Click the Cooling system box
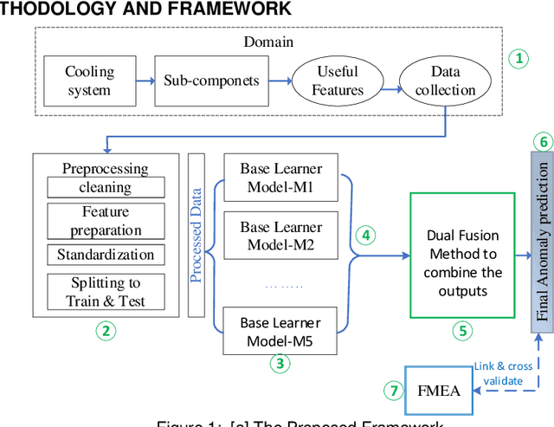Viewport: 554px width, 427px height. coord(90,80)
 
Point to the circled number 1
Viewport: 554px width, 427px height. coord(518,59)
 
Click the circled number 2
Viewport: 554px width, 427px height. coord(105,329)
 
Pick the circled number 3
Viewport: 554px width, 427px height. coord(279,364)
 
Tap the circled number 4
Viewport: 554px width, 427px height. coord(367,234)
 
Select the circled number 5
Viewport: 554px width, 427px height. coord(461,329)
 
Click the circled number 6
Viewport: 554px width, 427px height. coord(544,141)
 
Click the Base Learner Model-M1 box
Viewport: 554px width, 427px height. coord(280,178)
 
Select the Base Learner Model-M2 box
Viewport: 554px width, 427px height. coord(280,236)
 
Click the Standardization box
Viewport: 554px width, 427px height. coord(106,255)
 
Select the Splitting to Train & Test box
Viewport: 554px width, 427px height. coord(106,292)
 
